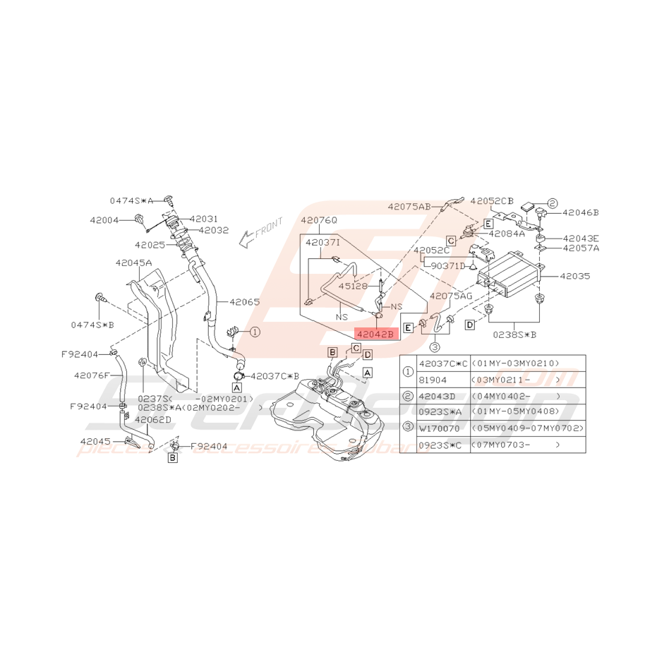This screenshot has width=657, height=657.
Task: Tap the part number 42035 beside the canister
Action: coord(575,277)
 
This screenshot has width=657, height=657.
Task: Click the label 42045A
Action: coord(133,263)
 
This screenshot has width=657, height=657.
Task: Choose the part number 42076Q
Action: coord(319,220)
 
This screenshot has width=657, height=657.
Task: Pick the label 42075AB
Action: coord(409,207)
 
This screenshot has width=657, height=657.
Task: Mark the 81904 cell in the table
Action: coord(433,380)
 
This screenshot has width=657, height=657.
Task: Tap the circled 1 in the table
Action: coord(408,371)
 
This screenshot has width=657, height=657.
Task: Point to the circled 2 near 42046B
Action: coord(552,203)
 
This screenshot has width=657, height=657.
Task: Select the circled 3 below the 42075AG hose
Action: coord(435,346)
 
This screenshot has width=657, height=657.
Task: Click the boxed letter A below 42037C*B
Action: coord(236,387)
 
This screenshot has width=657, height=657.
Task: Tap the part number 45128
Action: coord(352,287)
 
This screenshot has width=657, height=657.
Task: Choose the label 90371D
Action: coord(449,265)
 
